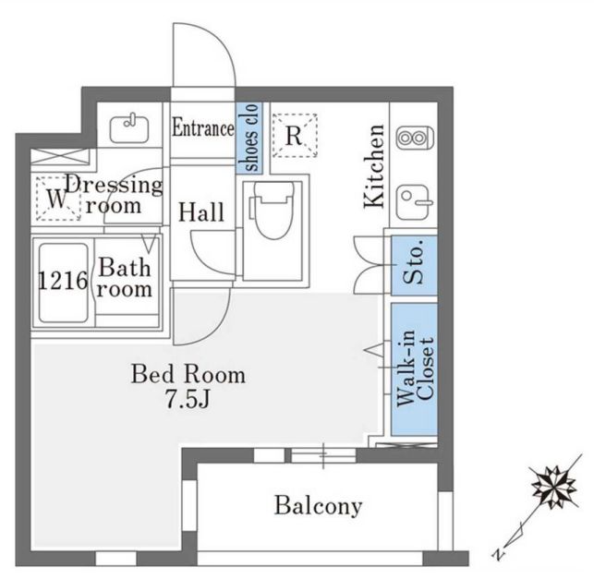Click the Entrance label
203,127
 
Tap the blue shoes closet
249,138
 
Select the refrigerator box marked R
295,135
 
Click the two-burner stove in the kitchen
415,138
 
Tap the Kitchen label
374,166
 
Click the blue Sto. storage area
414,265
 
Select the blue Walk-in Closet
414,368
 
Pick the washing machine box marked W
57,199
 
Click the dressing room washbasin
129,129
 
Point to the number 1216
63,281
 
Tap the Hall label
200,212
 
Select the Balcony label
318,505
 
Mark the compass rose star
554,487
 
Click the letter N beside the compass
499,554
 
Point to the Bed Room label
188,374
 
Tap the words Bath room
125,278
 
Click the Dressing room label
114,196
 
